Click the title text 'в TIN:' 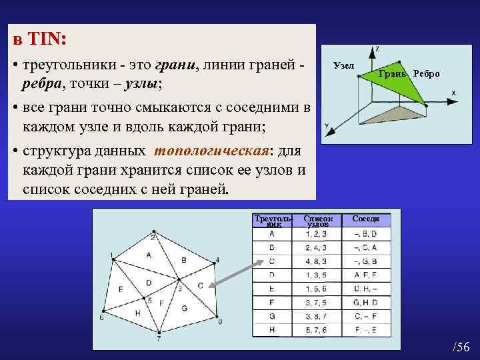(x=41, y=40)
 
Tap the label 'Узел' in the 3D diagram (x=343, y=65)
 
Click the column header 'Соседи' (x=366, y=219)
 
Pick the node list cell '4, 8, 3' (x=317, y=261)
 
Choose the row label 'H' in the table (x=273, y=329)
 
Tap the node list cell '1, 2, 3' (x=317, y=233)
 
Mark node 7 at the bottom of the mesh (x=159, y=333)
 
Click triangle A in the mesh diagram (x=149, y=255)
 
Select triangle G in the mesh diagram (x=184, y=308)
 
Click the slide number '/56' (x=461, y=347)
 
